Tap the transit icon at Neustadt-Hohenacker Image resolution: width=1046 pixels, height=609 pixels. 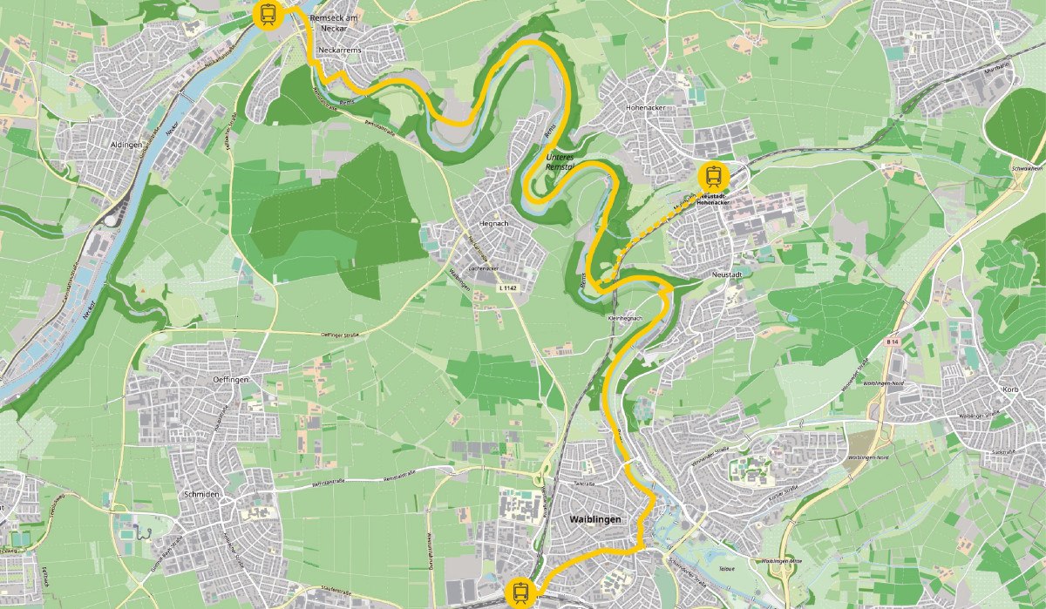click(x=714, y=175)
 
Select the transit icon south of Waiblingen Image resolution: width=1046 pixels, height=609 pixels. click(x=520, y=593)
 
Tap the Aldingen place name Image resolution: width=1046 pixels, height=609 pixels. click(x=126, y=145)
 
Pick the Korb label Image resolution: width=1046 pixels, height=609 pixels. click(x=1010, y=389)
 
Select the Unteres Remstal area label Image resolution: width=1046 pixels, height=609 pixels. click(x=560, y=161)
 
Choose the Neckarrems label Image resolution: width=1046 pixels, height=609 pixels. click(x=341, y=51)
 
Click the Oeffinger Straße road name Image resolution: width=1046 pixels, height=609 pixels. click(x=341, y=334)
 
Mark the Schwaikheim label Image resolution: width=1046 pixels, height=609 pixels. click(x=1026, y=168)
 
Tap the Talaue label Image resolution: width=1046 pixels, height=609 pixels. click(x=727, y=568)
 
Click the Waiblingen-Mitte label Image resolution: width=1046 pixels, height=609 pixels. click(x=780, y=561)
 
